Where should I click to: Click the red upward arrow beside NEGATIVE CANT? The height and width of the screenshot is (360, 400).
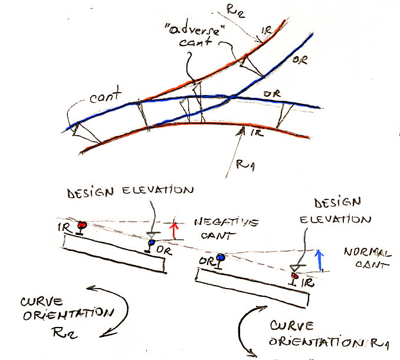coord(173,230)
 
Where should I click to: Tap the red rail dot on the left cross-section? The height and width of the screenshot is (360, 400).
coord(83,224)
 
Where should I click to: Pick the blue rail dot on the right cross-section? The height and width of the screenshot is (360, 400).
coord(221,257)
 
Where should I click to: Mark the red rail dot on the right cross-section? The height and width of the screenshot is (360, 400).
coord(295,275)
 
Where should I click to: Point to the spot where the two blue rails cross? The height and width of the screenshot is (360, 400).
coord(232,96)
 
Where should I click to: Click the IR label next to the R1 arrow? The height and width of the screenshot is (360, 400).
coord(255,135)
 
